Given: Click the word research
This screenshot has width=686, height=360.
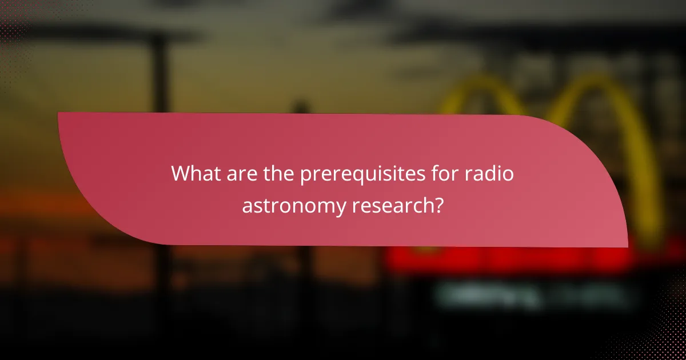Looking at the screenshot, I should point(394,205).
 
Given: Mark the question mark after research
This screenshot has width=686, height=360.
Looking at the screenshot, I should point(438,205).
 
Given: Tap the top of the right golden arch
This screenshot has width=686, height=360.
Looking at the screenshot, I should point(595,80).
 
